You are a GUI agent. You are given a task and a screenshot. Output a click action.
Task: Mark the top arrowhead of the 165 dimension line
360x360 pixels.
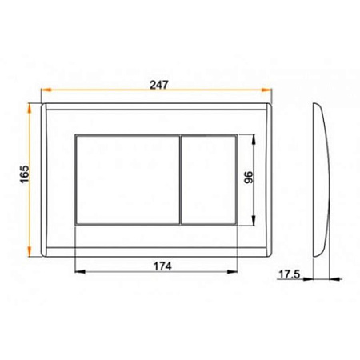(34, 106)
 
